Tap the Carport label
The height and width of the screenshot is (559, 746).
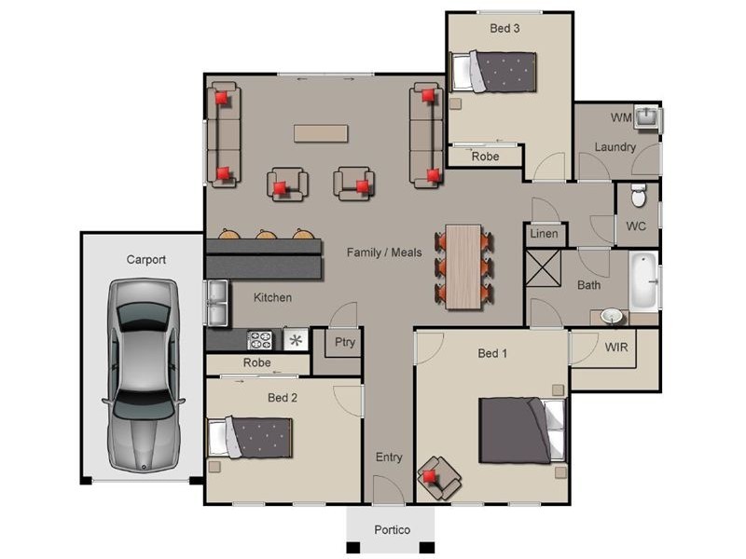(x=145, y=260)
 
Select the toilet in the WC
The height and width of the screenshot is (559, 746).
(x=639, y=197)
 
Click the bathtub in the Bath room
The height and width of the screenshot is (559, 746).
(x=643, y=280)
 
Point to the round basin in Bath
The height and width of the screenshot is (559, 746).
(x=612, y=317)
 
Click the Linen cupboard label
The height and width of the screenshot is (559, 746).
(x=544, y=234)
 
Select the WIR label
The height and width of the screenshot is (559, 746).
(x=616, y=348)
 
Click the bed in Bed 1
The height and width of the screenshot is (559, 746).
(x=521, y=429)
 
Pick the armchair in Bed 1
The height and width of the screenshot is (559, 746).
(x=437, y=477)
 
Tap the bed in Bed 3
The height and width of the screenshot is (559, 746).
(x=494, y=70)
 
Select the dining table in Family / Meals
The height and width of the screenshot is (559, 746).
(x=463, y=266)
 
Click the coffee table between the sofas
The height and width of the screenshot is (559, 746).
(x=321, y=133)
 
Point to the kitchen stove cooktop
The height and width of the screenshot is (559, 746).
(x=258, y=339)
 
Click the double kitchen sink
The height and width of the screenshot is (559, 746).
(x=216, y=303)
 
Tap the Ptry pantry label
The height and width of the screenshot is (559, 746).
(x=344, y=342)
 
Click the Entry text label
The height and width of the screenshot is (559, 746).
(x=389, y=457)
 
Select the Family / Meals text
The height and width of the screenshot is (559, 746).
(x=384, y=252)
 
